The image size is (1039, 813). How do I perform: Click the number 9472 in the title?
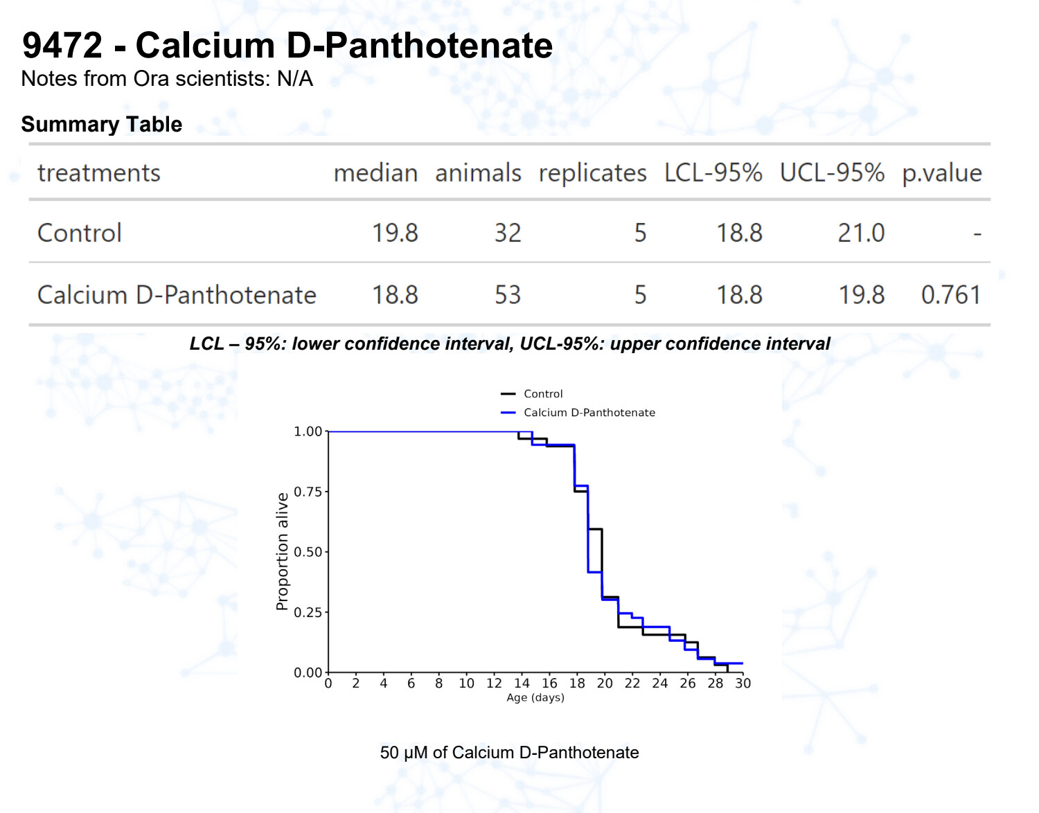coord(62,46)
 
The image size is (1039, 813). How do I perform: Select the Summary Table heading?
coord(102,124)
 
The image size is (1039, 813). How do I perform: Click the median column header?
coord(375,172)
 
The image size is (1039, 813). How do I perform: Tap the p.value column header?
coord(941,172)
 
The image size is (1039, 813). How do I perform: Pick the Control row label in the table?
coord(80,233)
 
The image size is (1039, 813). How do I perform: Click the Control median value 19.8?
coord(395,233)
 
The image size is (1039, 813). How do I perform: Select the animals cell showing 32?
coord(507,233)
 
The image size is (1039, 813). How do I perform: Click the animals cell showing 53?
coord(507,295)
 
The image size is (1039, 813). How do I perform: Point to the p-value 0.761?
coord(950,295)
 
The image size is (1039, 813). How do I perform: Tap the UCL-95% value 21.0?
coord(861,233)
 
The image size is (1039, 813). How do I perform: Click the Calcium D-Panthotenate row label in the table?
coord(177,295)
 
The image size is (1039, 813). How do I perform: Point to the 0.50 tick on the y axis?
coord(308,552)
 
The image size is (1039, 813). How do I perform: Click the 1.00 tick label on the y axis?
coord(308,431)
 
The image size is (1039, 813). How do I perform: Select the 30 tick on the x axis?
coord(743,684)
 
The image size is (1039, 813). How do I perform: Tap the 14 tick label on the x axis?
coord(522,684)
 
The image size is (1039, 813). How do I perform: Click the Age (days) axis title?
coord(535,697)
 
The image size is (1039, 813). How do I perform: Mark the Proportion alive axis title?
coord(282,552)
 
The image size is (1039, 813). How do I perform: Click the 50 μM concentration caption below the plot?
coord(509,753)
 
